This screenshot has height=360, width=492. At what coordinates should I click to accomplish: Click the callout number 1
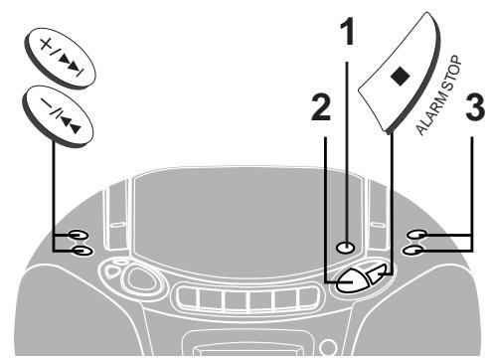(347, 32)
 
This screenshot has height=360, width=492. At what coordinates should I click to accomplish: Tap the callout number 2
(321, 106)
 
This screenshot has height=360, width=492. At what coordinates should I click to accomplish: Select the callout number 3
(475, 106)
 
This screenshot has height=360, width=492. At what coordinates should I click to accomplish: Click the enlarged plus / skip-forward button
(60, 59)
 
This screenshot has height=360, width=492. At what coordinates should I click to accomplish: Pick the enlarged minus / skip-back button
(58, 116)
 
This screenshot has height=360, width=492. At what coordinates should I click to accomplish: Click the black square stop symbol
(401, 76)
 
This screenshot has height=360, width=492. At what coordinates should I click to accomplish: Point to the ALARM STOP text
(438, 95)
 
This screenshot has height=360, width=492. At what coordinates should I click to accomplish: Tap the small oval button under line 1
(345, 248)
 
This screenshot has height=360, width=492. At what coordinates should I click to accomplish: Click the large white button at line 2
(352, 280)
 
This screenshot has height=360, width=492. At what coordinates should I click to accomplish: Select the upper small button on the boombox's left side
(79, 235)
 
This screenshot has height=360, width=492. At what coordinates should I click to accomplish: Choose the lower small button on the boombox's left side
(82, 251)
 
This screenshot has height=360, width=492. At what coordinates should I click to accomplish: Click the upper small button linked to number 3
(416, 235)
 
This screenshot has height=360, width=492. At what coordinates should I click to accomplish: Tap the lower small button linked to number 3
(412, 251)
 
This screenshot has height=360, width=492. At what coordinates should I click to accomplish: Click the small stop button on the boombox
(377, 272)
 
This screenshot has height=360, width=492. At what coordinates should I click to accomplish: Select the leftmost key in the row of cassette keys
(188, 298)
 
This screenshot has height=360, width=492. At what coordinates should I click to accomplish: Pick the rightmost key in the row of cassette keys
(308, 297)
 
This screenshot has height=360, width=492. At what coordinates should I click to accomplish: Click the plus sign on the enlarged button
(46, 44)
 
